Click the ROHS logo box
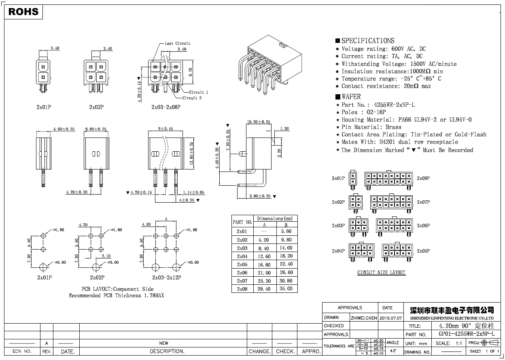point(23,12)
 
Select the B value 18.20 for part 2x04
point(286,256)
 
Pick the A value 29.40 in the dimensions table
point(264,289)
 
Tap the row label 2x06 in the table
point(242,273)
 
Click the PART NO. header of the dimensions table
point(242,222)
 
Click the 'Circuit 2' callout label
point(192,98)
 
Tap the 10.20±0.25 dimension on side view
point(259,122)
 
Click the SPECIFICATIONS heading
point(368,40)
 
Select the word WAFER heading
point(351,97)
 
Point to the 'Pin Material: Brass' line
point(371,127)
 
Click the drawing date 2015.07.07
point(390,318)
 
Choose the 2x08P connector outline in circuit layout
point(389,178)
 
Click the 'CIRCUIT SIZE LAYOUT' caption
point(381,272)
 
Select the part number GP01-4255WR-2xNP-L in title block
point(466,334)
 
